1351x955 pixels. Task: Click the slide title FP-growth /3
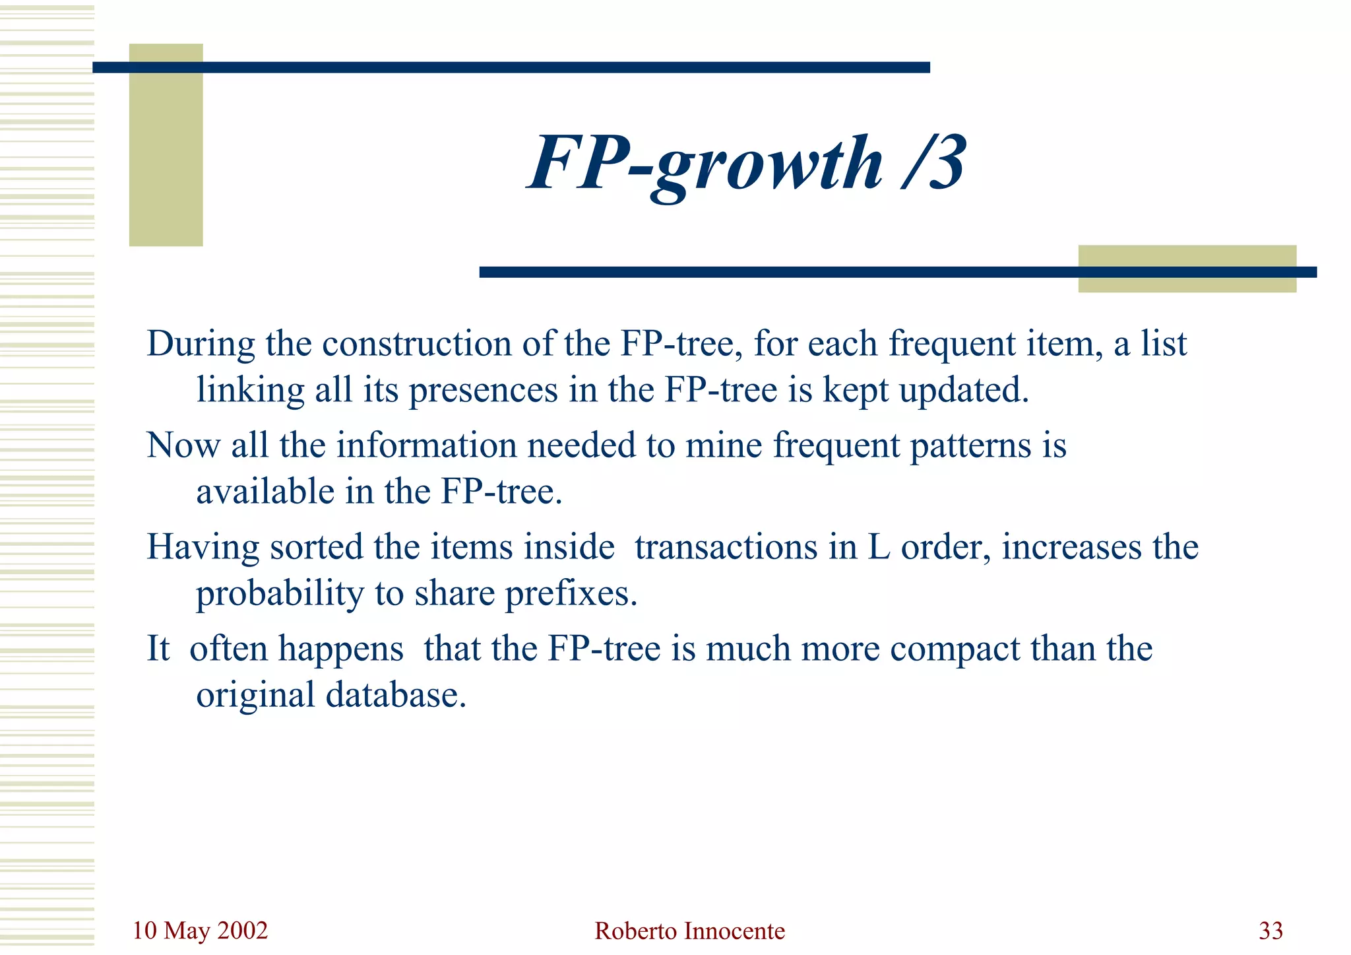point(747,164)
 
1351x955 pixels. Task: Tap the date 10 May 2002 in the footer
point(200,931)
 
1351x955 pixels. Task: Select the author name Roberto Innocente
point(689,931)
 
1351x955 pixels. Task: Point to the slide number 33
point(1271,931)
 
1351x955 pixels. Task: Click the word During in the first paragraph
point(201,344)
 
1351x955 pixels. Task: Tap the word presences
point(483,390)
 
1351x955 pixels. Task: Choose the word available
point(265,492)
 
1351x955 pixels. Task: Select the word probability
point(280,594)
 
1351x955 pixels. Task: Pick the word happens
point(340,650)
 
